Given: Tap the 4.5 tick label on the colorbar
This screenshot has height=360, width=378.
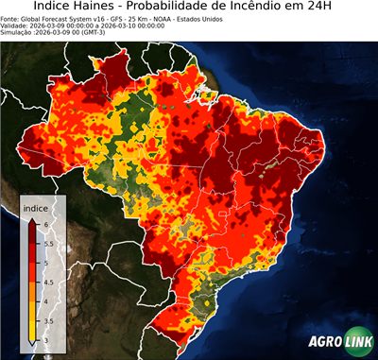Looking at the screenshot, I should [x=48, y=282].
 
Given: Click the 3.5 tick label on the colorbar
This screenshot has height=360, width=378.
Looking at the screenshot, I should [x=48, y=321].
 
